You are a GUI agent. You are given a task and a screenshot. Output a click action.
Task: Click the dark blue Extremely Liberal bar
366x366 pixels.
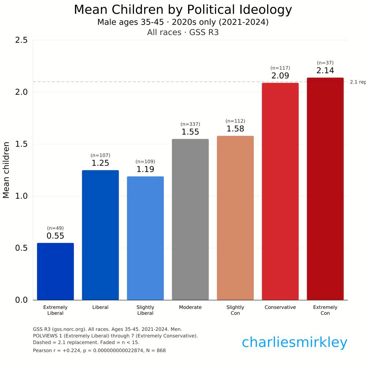(x=55, y=271)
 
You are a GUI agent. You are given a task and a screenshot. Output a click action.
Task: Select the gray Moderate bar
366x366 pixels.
(x=190, y=220)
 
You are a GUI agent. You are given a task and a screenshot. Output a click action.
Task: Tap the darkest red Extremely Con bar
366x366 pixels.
(x=325, y=188)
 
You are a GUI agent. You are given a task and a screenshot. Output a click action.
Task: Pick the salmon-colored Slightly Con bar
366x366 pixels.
(x=235, y=218)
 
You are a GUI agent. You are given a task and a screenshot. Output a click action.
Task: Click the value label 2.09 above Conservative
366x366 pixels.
(x=280, y=76)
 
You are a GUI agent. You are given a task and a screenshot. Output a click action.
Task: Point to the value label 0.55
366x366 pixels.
(x=55, y=236)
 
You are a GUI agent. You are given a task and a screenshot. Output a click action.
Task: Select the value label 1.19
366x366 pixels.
(x=145, y=169)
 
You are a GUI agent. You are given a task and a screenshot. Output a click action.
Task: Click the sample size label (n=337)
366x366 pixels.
(x=190, y=124)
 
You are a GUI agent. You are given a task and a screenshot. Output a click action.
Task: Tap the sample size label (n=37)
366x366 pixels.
(x=325, y=63)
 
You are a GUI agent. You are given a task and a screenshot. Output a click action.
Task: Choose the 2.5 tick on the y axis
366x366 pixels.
(x=21, y=40)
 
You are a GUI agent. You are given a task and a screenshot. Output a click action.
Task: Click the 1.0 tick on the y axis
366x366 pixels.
(x=21, y=196)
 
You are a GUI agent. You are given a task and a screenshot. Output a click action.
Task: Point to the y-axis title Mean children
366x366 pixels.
(x=6, y=170)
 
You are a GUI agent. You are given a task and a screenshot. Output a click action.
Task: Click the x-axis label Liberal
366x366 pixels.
(x=100, y=307)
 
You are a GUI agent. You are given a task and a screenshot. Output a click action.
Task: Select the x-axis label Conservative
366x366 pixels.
(x=280, y=307)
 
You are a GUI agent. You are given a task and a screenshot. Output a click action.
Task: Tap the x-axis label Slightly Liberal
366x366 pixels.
(x=145, y=310)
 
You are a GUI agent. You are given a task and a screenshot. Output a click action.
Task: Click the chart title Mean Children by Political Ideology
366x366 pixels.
(x=183, y=10)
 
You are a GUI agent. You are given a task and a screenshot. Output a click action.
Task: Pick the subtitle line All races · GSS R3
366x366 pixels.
(x=183, y=32)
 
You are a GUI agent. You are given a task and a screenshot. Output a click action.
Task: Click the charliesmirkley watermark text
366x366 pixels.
(x=294, y=343)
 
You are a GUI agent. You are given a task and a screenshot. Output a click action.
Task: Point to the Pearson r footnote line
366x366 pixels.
(x=99, y=350)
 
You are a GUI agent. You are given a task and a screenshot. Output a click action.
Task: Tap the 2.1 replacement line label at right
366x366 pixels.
(x=358, y=82)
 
